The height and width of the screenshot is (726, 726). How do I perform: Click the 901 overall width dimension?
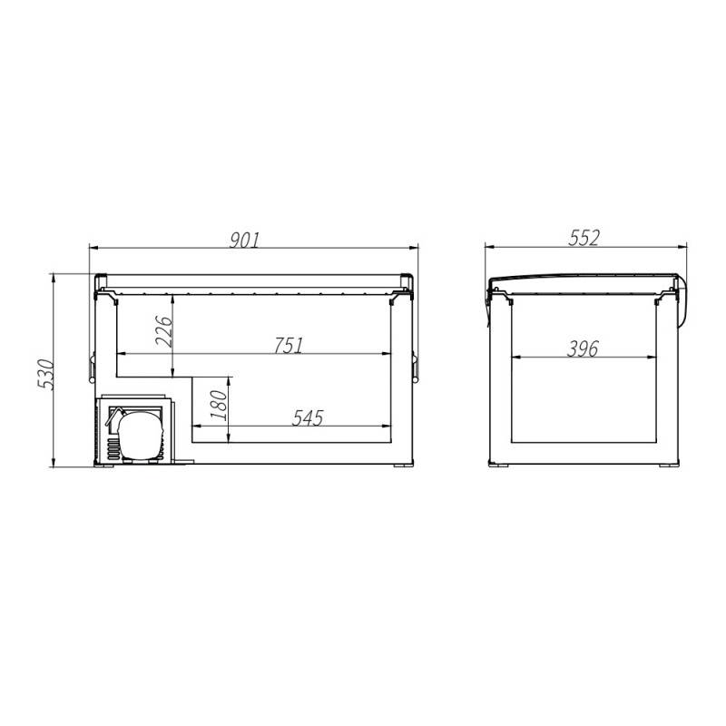pyautogui.click(x=245, y=240)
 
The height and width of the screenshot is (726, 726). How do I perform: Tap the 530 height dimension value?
pyautogui.click(x=46, y=374)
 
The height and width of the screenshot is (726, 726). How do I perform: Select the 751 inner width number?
pyautogui.click(x=288, y=346)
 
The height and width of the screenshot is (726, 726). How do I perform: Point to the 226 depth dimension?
pyautogui.click(x=164, y=331)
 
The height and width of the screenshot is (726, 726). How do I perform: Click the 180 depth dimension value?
pyautogui.click(x=219, y=405)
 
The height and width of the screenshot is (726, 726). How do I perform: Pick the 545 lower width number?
pyautogui.click(x=308, y=417)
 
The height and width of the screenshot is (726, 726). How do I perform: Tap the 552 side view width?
pyautogui.click(x=584, y=238)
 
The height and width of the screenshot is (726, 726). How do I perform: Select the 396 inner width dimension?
pyautogui.click(x=583, y=348)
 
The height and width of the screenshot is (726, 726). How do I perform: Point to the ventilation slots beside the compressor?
pyautogui.click(x=113, y=449)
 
